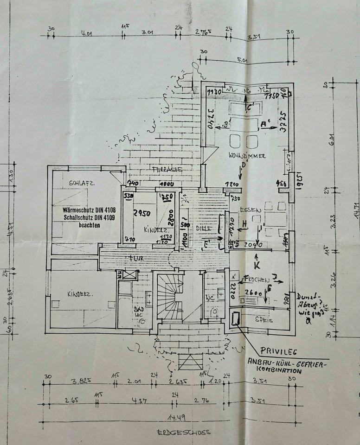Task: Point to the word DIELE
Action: point(204,228)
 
